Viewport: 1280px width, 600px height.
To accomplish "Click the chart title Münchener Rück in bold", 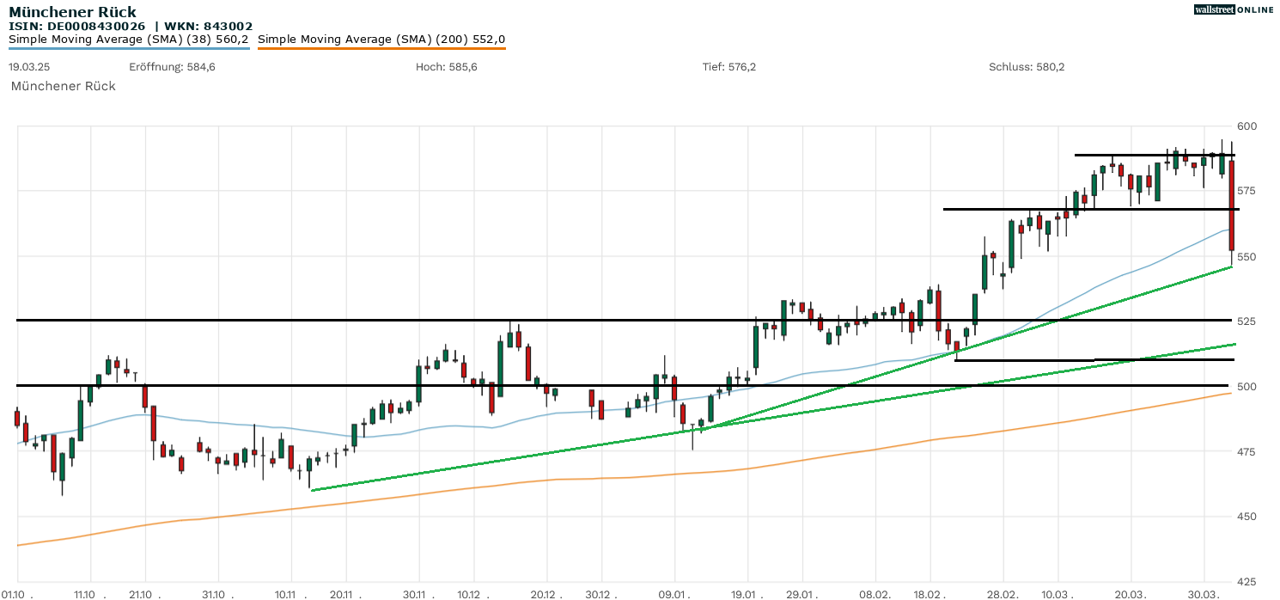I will pyautogui.click(x=72, y=12).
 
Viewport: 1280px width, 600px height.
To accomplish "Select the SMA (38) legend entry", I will pyautogui.click(x=129, y=39).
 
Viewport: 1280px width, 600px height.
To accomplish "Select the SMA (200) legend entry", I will pyautogui.click(x=381, y=39).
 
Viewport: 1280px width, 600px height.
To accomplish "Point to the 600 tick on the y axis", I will pyautogui.click(x=1246, y=126).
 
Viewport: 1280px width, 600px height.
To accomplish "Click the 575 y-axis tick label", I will pyautogui.click(x=1246, y=191).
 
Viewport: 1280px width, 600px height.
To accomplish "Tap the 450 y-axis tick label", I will pyautogui.click(x=1246, y=517).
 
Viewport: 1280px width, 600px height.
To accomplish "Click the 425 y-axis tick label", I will pyautogui.click(x=1246, y=581).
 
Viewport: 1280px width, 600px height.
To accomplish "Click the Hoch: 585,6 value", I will pyautogui.click(x=446, y=67).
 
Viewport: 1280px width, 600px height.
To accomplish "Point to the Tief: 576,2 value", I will pyautogui.click(x=729, y=67).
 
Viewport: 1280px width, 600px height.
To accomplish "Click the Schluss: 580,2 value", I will pyautogui.click(x=1027, y=67).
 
